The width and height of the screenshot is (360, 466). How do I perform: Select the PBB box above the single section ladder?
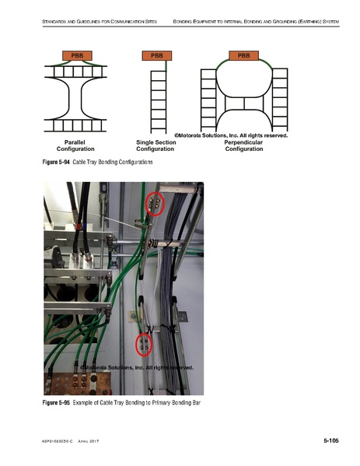click(156, 55)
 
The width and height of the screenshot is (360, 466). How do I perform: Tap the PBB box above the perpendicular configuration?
click(243, 55)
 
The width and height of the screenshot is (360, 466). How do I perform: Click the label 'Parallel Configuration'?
click(76, 145)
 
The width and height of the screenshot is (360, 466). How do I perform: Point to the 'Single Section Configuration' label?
click(156, 145)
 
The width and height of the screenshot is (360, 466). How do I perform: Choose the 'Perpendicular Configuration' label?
click(243, 145)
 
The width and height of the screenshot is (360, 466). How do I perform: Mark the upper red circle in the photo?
click(156, 204)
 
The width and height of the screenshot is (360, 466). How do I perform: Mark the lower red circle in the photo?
click(143, 345)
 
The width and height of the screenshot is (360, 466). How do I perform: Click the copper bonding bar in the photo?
click(78, 384)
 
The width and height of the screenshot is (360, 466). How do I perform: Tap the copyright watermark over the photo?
click(136, 367)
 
